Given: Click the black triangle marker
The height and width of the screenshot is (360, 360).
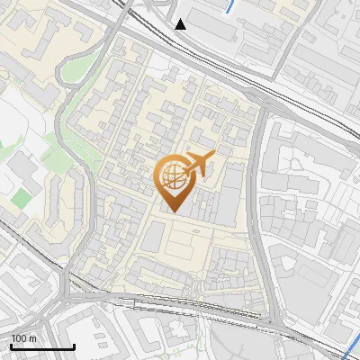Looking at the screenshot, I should (x=181, y=23).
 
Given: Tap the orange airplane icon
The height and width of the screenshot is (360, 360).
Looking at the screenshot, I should (x=198, y=163).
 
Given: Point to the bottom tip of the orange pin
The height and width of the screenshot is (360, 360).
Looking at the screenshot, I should (x=171, y=212).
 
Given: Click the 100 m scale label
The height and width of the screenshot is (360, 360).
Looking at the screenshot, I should (x=23, y=337).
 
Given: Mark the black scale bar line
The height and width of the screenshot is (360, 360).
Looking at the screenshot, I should (x=42, y=346).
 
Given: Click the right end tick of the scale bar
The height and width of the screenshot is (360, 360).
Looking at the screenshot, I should (x=74, y=346).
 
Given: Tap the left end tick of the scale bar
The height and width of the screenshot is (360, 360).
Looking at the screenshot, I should (x=11, y=346).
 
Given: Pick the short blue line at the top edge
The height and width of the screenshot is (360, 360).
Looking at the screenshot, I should (x=232, y=6).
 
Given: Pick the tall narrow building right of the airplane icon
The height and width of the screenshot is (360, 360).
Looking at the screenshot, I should (x=232, y=193).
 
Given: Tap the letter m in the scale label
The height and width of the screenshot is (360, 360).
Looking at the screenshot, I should (x=31, y=337).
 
